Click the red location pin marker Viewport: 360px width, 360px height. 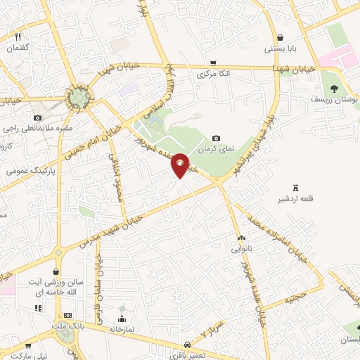coord(181,165)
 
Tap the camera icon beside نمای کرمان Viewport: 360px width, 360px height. coord(217,138)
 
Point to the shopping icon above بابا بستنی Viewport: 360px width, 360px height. coord(280,38)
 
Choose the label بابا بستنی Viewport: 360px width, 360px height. coord(280,49)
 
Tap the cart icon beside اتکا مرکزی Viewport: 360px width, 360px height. coord(213,62)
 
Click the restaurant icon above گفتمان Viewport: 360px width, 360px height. coord(18,37)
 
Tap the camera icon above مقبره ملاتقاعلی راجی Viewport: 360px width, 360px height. coord(37,117)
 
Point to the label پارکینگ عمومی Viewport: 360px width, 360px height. coord(30,170)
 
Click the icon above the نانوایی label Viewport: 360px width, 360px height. coord(240,238)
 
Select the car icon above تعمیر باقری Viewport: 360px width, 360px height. coord(188,345)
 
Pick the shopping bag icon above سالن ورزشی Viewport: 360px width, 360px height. coord(56,271)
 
